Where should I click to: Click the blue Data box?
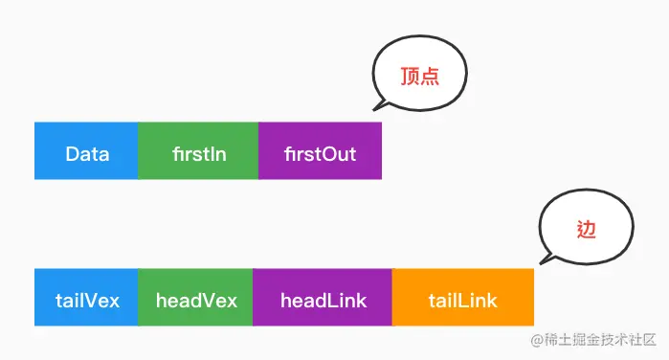[86, 151]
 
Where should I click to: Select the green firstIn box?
[198, 151]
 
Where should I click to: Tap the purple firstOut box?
[320, 151]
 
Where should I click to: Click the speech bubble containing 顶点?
[418, 78]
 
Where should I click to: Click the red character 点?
[430, 78]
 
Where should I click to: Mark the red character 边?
[587, 229]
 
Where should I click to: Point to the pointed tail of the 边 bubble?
[544, 261]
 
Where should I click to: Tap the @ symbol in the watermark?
[524, 341]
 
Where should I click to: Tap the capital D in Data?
[72, 153]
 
